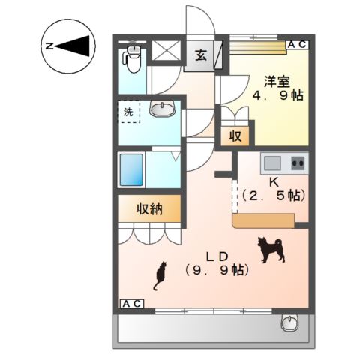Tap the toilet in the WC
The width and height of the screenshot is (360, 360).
point(133,58)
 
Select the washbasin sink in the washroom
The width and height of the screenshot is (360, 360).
point(161,110)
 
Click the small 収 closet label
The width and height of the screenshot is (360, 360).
point(235,136)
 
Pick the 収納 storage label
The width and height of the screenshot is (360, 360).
point(148,208)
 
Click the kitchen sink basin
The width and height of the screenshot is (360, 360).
point(271,162)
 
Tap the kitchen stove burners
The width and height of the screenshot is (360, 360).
point(297,162)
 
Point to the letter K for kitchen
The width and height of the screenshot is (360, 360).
point(273,182)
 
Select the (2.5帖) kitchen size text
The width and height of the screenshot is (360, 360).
point(273,196)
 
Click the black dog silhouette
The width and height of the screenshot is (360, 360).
point(270,249)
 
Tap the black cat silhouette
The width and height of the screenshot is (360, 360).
point(160,276)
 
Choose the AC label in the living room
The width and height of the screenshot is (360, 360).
point(132,304)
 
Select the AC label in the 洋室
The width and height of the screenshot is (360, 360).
point(297,45)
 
